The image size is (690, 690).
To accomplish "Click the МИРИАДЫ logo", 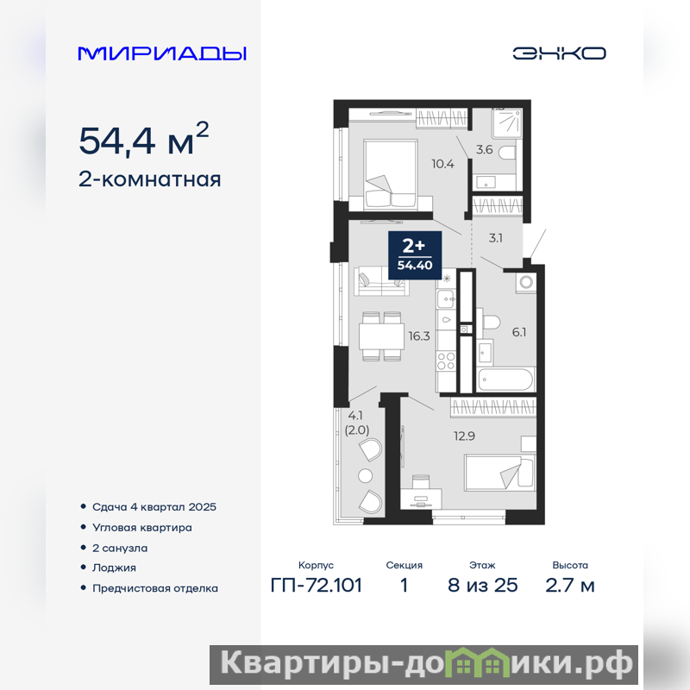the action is click(x=162, y=53).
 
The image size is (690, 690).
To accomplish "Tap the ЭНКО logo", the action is click(x=559, y=53).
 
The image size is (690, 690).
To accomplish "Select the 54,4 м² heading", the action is click(x=143, y=139).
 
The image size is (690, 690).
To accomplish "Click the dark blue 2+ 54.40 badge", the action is click(x=415, y=255).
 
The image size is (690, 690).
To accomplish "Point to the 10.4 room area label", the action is click(x=442, y=164).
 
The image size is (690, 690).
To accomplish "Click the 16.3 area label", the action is click(x=419, y=336).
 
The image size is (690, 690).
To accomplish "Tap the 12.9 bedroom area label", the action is click(x=464, y=436).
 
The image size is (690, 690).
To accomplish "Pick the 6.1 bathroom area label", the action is click(x=519, y=332).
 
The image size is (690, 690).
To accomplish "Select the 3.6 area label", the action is click(x=484, y=149).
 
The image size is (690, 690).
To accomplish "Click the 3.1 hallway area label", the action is click(x=495, y=238).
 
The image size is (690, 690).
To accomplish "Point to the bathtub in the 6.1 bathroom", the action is click(x=505, y=379).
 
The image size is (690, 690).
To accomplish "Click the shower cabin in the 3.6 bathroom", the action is click(x=507, y=121).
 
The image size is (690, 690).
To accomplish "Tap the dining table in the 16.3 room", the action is click(x=381, y=336).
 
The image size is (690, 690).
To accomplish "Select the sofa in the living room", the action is click(x=381, y=281).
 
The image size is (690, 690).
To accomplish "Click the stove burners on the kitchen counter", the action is click(x=446, y=361).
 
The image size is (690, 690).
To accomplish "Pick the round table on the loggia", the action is click(x=365, y=476).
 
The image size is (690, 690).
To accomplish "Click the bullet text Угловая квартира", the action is click(x=142, y=527).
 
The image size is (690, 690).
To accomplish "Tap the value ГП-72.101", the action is click(x=317, y=586).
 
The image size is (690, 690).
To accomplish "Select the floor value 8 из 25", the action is click(x=483, y=586).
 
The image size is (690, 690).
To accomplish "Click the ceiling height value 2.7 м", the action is click(x=570, y=586).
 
